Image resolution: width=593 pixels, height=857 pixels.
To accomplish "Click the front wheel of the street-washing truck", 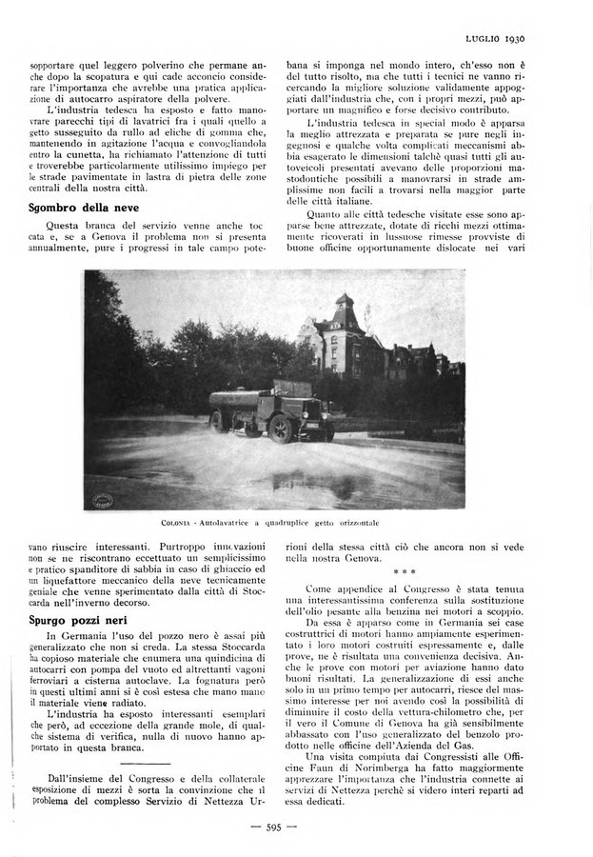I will coord(281,429).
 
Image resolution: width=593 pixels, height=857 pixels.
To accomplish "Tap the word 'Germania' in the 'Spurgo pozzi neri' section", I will coord(96,636).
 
